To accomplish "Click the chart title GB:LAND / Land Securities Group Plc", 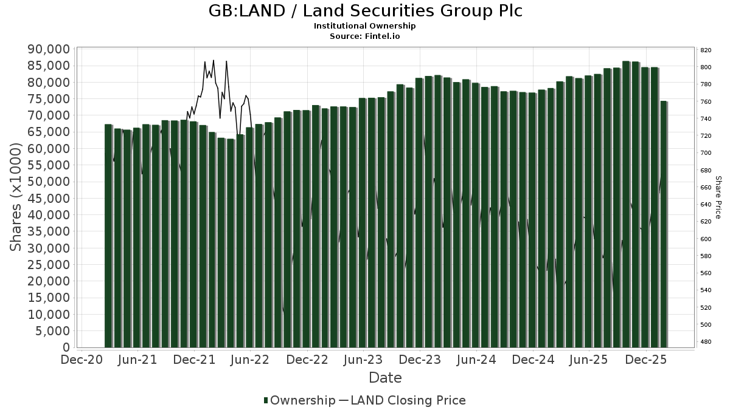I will tap(365, 12).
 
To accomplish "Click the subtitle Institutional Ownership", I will tap(365, 26).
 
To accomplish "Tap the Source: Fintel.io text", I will tap(365, 36).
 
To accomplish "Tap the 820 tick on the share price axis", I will tap(706, 50).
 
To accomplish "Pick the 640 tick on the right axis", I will tap(706, 205).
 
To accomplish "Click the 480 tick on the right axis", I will tap(706, 342).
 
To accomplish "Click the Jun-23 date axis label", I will tap(363, 360).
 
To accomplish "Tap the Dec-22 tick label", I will tap(307, 360).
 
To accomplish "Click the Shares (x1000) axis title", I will tap(16, 197).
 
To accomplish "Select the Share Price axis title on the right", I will tap(718, 197).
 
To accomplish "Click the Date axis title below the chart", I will tap(385, 378).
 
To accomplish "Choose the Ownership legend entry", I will tap(299, 400).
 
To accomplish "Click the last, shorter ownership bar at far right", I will tap(664, 225).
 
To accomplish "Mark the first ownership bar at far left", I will tap(108, 237).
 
